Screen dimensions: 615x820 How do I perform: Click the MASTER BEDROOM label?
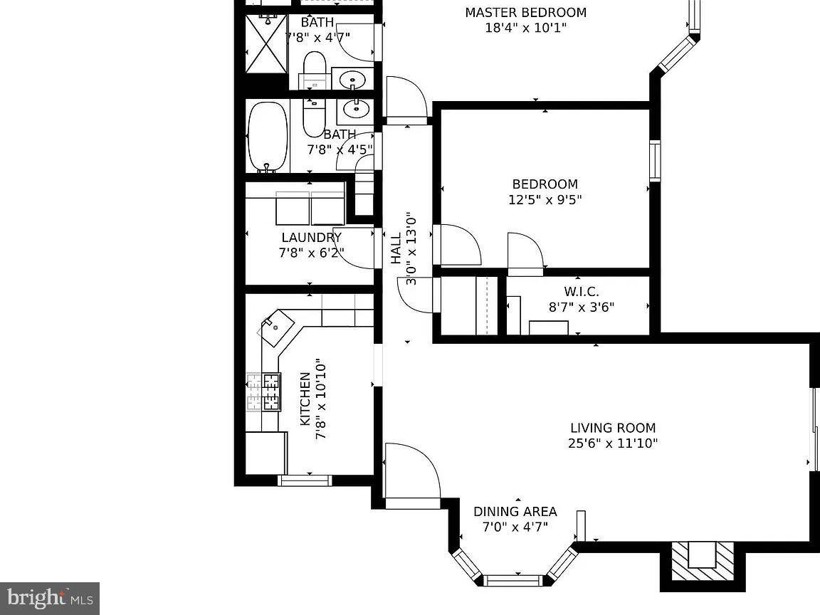coord(525,13)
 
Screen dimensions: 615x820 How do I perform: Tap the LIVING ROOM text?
coord(612,428)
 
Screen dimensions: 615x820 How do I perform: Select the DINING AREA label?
coord(515,512)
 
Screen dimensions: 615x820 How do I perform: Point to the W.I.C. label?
coord(581,292)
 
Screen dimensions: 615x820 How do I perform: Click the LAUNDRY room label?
coord(311,238)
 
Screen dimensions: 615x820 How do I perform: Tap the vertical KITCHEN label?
coord(305,399)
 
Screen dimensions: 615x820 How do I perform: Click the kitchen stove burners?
coord(264,392)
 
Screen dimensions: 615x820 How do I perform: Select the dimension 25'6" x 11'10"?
coord(612,443)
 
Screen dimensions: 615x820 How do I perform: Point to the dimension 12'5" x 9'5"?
coord(545,200)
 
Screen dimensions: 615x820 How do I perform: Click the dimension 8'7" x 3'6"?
coord(581,307)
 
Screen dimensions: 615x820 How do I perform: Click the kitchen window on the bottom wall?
coord(305,480)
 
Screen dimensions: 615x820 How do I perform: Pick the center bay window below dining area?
coord(514,579)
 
